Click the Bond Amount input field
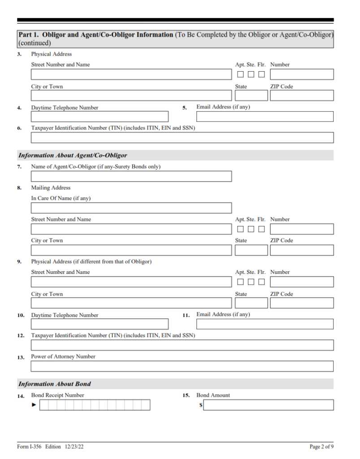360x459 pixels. tap(268, 405)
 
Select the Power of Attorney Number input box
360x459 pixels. tap(182, 366)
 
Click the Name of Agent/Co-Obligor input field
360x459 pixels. tap(131, 176)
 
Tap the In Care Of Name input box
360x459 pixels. tap(131, 208)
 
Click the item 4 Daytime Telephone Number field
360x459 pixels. tap(100, 117)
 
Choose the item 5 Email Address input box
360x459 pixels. tap(265, 117)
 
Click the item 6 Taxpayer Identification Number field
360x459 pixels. tap(182, 138)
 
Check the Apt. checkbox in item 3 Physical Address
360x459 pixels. tap(241, 74)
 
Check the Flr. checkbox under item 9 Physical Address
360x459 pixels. tap(261, 282)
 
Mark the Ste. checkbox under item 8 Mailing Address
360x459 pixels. tap(251, 229)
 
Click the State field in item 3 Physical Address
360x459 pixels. tap(251, 95)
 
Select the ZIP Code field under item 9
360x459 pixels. tap(302, 303)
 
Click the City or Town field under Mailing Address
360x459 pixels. tap(131, 250)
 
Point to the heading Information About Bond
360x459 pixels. tap(55, 384)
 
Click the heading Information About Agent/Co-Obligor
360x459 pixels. tap(73, 156)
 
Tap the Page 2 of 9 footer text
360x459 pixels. tap(321, 446)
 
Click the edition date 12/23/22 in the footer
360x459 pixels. tap(74, 446)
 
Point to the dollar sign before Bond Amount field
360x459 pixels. tap(201, 405)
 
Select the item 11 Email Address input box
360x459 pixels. tap(265, 324)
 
